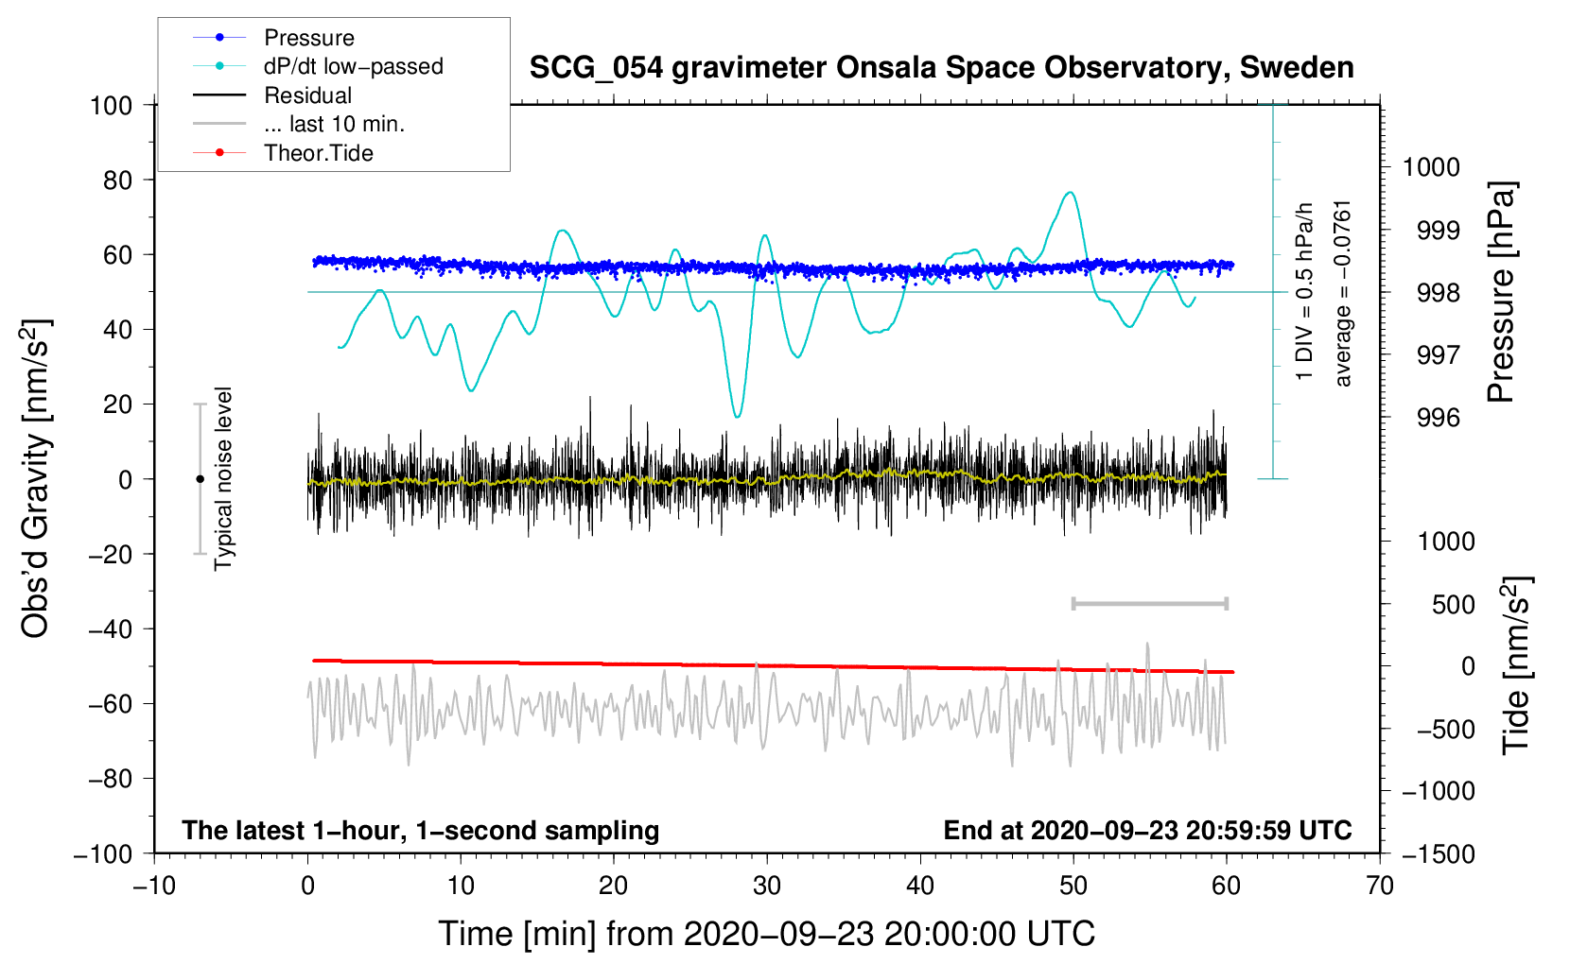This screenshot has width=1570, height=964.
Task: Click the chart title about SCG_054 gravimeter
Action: (x=941, y=68)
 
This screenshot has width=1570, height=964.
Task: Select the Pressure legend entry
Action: (x=308, y=38)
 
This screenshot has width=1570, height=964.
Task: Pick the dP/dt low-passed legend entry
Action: (x=353, y=66)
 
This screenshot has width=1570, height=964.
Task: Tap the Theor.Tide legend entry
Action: (x=318, y=153)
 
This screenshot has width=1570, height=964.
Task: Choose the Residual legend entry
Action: (x=307, y=95)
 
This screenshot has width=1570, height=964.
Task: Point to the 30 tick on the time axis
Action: (x=767, y=886)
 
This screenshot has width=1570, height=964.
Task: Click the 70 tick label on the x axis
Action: (x=1380, y=886)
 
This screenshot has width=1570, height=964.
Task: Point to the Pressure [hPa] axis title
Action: (x=1501, y=292)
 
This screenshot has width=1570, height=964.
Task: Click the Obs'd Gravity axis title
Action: (x=35, y=478)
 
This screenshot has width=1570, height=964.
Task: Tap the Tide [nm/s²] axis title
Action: (x=1515, y=664)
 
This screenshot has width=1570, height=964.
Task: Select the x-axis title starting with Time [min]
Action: (x=766, y=934)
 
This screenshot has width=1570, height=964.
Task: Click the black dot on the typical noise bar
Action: (x=200, y=479)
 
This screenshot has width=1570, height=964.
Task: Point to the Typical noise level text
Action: (x=223, y=478)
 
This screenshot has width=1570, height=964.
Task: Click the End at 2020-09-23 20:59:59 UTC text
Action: (x=1147, y=830)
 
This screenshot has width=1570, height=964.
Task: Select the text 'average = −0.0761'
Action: (x=1343, y=293)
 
